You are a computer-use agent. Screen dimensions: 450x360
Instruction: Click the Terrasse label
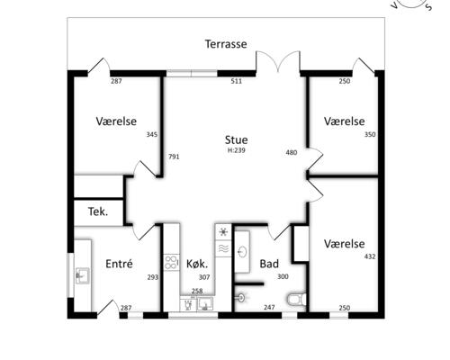point(226,44)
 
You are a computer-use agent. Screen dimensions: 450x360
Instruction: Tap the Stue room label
point(236,140)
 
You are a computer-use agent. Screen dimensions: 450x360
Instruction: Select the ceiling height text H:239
point(237,150)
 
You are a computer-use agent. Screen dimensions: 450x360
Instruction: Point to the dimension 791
point(174,157)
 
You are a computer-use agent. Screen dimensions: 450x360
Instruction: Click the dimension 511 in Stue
point(236,81)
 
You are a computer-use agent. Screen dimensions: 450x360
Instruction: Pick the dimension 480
point(292,152)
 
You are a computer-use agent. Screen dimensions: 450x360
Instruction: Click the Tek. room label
point(98,211)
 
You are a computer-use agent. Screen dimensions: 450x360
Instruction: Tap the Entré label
point(119,264)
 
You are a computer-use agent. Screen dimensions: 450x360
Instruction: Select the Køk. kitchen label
point(197,264)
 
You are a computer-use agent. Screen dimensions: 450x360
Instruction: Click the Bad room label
point(269,264)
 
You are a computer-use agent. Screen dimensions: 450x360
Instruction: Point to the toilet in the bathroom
point(296,299)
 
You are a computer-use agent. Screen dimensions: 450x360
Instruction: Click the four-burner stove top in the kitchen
point(172,263)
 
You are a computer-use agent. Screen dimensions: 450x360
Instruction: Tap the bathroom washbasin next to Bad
point(242,252)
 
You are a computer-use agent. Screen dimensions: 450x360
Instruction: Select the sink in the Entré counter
point(82,275)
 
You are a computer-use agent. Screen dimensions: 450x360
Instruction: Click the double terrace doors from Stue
point(278,62)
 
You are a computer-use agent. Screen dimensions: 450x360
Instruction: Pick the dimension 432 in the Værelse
point(370,256)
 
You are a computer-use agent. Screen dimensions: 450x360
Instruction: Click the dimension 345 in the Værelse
point(152,134)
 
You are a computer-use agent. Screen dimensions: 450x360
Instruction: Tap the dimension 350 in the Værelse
point(370,134)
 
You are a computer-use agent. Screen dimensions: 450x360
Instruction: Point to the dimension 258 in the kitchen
point(197,291)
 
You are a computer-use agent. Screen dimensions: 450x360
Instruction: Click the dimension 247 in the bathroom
point(269,307)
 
